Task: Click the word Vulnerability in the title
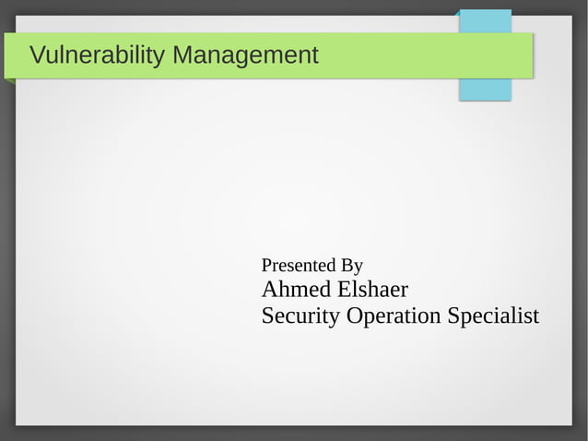coord(97,56)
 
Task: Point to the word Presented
coord(298,267)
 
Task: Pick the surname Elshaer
coord(372,290)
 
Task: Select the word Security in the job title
coord(300,316)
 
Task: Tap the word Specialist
coord(493,316)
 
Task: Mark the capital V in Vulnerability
coord(37,56)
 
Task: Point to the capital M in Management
coord(182,56)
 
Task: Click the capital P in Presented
coord(267,267)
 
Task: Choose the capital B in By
coord(347,267)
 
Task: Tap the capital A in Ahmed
coord(270,290)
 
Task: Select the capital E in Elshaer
coord(344,290)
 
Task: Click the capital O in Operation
coord(354,316)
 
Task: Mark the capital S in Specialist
coord(453,316)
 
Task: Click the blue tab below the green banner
coord(485,89)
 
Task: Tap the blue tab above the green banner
coord(486,21)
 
